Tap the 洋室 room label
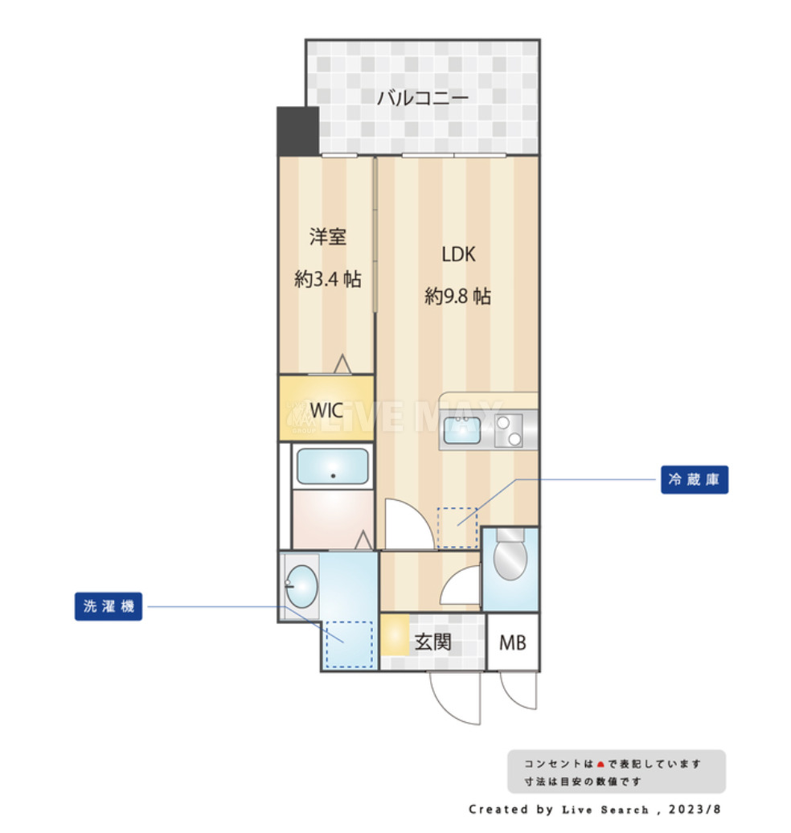point(327,237)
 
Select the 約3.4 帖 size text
point(327,280)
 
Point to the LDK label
point(458,255)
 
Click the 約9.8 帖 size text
point(457,297)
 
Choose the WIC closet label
point(326,408)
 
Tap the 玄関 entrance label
point(432,642)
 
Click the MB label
point(512,643)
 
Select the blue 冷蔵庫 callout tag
point(694,481)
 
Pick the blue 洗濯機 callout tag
point(109,606)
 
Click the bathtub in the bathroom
point(332,466)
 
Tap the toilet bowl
point(509,560)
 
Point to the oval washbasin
point(301,586)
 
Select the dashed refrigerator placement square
point(457,527)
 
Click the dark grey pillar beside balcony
point(297,131)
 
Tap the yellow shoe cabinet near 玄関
point(394,634)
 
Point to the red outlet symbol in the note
point(600,764)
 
